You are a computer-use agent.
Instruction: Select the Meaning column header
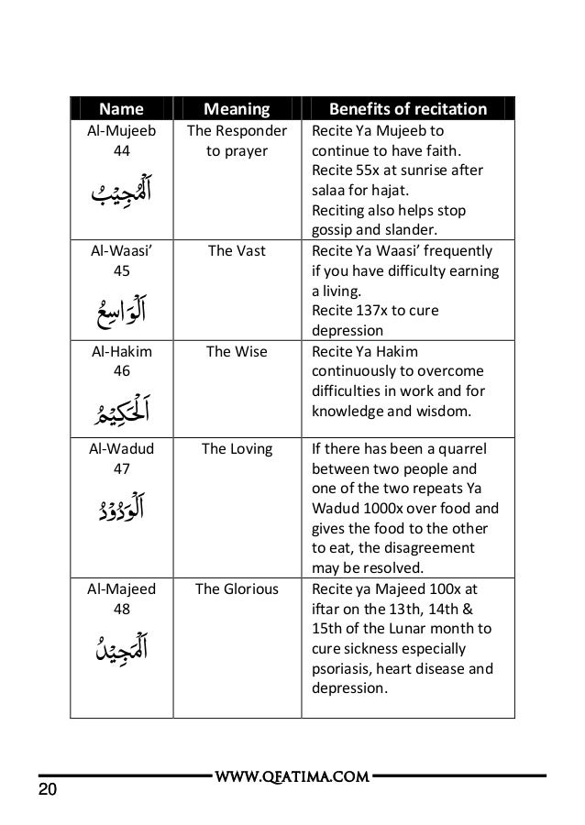coord(236,110)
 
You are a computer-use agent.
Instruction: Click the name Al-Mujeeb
coord(120,130)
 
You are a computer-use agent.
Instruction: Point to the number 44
coord(120,149)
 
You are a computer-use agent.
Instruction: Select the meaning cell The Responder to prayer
coord(237,139)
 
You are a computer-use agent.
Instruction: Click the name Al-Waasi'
coord(120,251)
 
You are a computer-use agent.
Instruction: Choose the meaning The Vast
coord(237,251)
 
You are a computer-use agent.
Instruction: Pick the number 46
coord(120,371)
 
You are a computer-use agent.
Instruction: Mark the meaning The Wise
coord(237,352)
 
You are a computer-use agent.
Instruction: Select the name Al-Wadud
coord(120,449)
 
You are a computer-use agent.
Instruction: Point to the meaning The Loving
coord(237,449)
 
